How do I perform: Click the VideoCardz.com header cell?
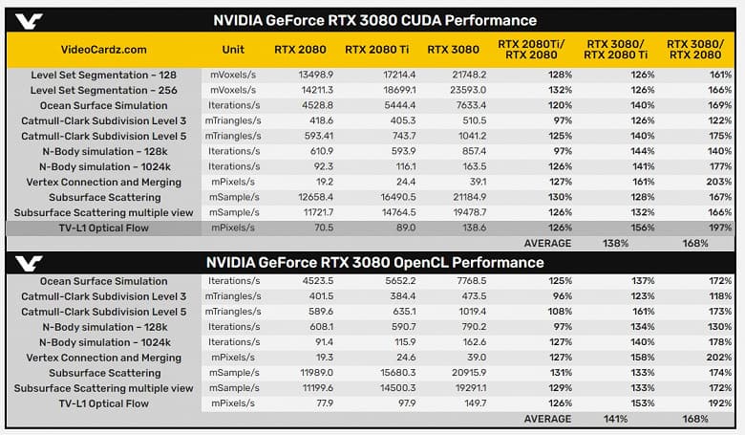103,51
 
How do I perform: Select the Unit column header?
232,50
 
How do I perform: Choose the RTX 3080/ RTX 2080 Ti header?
615,50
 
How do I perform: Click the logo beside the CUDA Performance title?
32,19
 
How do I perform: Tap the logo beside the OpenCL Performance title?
32,263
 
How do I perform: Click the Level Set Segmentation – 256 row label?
103,90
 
